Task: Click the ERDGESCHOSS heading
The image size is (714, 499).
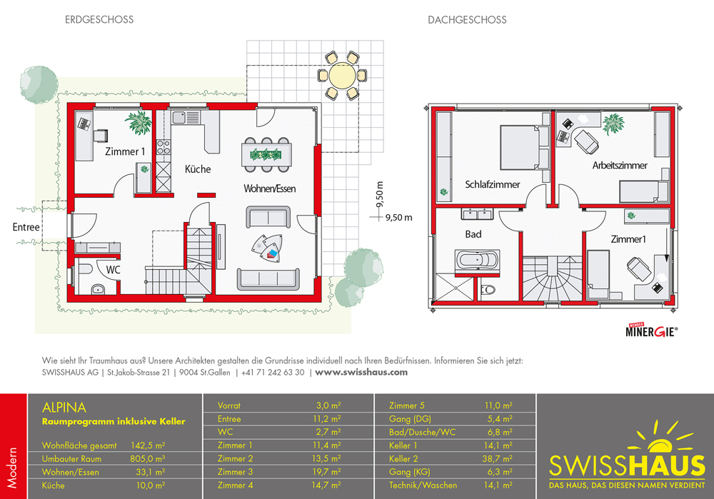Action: point(99,19)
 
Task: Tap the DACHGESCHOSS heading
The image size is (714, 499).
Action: point(467,20)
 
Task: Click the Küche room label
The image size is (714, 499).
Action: point(198,169)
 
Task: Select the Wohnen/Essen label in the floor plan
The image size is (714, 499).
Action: point(270,188)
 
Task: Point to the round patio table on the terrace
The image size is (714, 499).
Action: point(343,76)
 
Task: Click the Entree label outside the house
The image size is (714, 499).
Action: point(26,227)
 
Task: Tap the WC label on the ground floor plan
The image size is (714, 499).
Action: point(113,270)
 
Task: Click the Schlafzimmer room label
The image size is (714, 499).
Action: point(492,184)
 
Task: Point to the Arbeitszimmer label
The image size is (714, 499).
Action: point(620,166)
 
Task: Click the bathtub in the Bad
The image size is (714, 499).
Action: point(477,261)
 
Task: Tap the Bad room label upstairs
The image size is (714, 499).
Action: point(473,234)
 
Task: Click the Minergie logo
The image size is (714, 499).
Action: point(652,331)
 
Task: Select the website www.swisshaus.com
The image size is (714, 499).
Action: point(361,372)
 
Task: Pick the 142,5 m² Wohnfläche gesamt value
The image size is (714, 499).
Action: point(148,445)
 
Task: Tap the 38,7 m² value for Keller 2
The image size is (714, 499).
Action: point(497,458)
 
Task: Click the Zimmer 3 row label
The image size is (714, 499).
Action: point(235,472)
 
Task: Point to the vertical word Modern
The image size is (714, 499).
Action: point(12,468)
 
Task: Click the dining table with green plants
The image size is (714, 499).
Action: point(266,155)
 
